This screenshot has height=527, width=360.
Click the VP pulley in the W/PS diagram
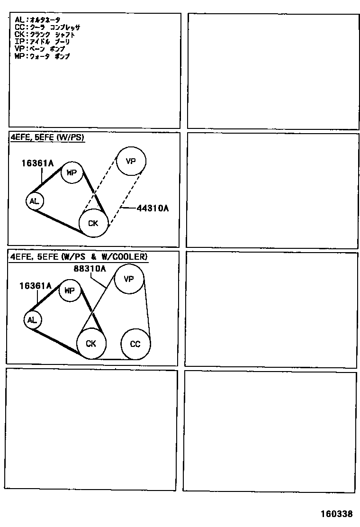click(x=131, y=161)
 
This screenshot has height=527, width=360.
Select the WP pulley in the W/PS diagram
click(x=72, y=173)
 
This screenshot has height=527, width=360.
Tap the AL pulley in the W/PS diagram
click(x=34, y=201)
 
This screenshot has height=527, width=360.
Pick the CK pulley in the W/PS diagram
click(x=93, y=223)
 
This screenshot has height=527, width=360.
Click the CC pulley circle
click(x=135, y=344)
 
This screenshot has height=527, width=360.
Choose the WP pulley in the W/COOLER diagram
click(x=70, y=291)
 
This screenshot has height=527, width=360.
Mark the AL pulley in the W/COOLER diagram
click(x=32, y=320)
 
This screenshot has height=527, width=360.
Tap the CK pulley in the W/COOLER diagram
click(x=91, y=344)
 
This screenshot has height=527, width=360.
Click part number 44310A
click(x=153, y=208)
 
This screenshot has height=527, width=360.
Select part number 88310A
click(x=89, y=269)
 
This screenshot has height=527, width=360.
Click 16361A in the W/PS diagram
click(x=37, y=164)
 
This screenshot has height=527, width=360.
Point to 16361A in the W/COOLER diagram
click(x=35, y=286)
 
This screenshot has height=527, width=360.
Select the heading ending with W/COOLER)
click(x=79, y=257)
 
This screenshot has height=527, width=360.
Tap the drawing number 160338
click(x=336, y=514)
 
